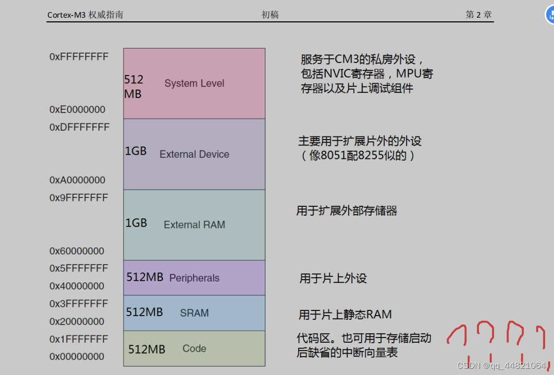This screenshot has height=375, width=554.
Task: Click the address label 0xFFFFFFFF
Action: pyautogui.click(x=79, y=57)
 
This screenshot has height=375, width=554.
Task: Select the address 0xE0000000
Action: pyautogui.click(x=78, y=109)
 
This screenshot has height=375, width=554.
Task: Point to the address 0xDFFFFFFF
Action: pyautogui.click(x=80, y=127)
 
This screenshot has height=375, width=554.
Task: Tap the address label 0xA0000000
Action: pyautogui.click(x=78, y=180)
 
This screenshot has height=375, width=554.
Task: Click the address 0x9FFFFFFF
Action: pyautogui.click(x=79, y=198)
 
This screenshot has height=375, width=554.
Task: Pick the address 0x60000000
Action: pyautogui.click(x=77, y=251)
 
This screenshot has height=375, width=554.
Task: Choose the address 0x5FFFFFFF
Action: pyautogui.click(x=79, y=268)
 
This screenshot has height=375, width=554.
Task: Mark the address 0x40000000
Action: pyautogui.click(x=77, y=286)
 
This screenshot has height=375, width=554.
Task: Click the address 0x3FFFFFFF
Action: pyautogui.click(x=79, y=304)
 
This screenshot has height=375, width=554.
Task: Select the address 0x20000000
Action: pyautogui.click(x=77, y=321)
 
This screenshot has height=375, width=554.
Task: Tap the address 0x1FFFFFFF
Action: pyautogui.click(x=79, y=339)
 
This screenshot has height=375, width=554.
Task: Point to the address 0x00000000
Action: pyautogui.click(x=77, y=357)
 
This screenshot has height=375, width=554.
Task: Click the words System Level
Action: pyautogui.click(x=194, y=83)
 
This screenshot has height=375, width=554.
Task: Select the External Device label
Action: pyautogui.click(x=194, y=154)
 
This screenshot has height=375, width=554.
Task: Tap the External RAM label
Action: pyautogui.click(x=194, y=225)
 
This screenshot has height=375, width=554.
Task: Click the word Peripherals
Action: pyautogui.click(x=194, y=278)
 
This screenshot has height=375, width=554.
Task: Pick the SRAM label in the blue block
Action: pyautogui.click(x=194, y=313)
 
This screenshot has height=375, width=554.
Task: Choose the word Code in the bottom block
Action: pyautogui.click(x=194, y=348)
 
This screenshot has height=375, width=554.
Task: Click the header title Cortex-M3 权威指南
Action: pyautogui.click(x=85, y=15)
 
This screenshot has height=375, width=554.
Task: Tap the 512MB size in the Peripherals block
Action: pyautogui.click(x=145, y=277)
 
